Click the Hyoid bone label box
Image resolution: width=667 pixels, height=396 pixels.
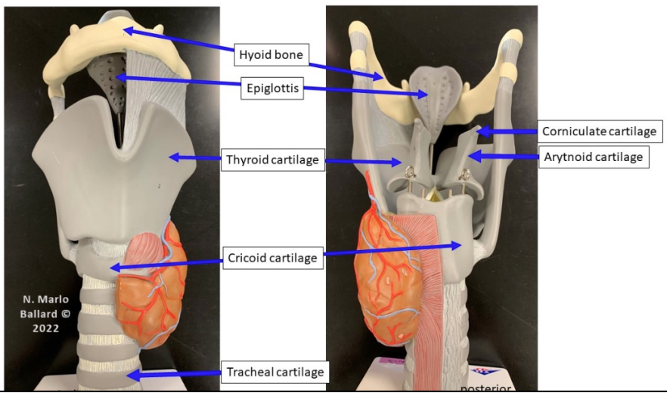pos(271,54)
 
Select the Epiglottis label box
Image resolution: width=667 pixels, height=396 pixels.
pos(272,88)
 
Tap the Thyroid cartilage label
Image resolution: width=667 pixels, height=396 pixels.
pos(272,159)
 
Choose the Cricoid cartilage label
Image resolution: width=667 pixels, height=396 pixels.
pos(273,258)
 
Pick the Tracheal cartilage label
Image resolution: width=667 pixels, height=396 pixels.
pos(275,372)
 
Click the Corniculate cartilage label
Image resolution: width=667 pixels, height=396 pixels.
pos(600,131)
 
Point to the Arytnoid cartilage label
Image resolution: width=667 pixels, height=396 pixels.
pos(594,156)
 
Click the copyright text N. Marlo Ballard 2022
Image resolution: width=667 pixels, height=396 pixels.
pos(45,314)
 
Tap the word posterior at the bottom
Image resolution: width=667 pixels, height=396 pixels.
pos(486,388)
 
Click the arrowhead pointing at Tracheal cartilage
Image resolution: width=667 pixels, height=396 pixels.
pos(133,375)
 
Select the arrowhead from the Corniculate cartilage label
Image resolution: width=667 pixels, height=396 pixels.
pos(482,131)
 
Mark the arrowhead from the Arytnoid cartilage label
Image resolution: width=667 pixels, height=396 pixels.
pos(475,156)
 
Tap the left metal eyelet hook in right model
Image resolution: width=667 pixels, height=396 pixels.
pos(410,173)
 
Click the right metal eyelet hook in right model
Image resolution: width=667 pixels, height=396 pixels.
pos(464,175)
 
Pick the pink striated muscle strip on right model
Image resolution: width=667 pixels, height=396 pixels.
pos(427,298)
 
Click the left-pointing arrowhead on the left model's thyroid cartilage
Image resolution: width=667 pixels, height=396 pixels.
pos(175,157)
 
